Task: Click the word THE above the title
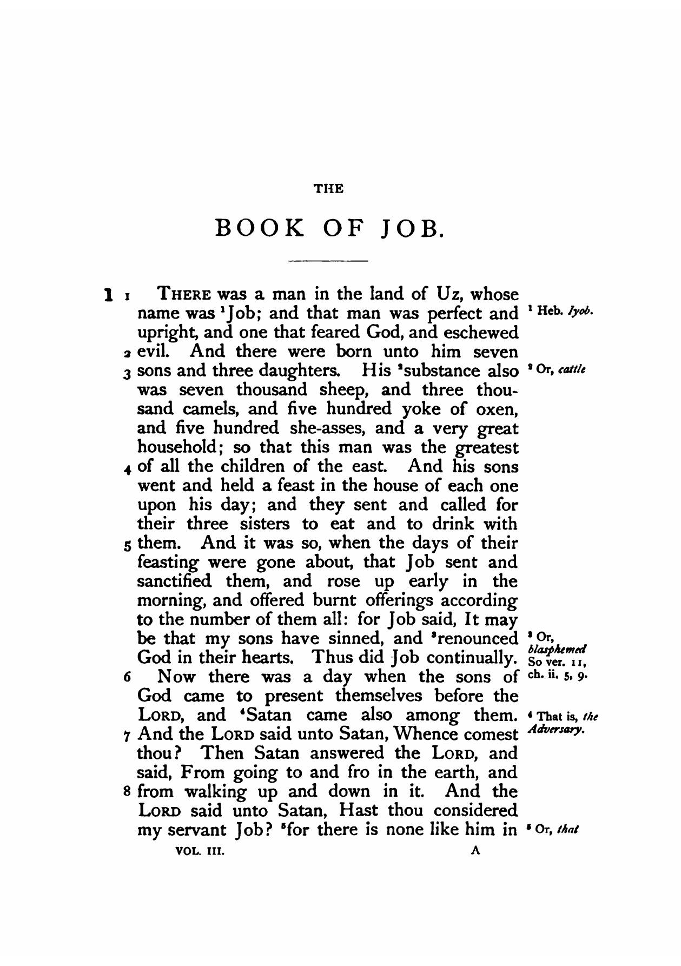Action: [x=329, y=189]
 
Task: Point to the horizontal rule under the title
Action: [x=329, y=261]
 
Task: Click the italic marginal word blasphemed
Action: [x=558, y=649]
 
